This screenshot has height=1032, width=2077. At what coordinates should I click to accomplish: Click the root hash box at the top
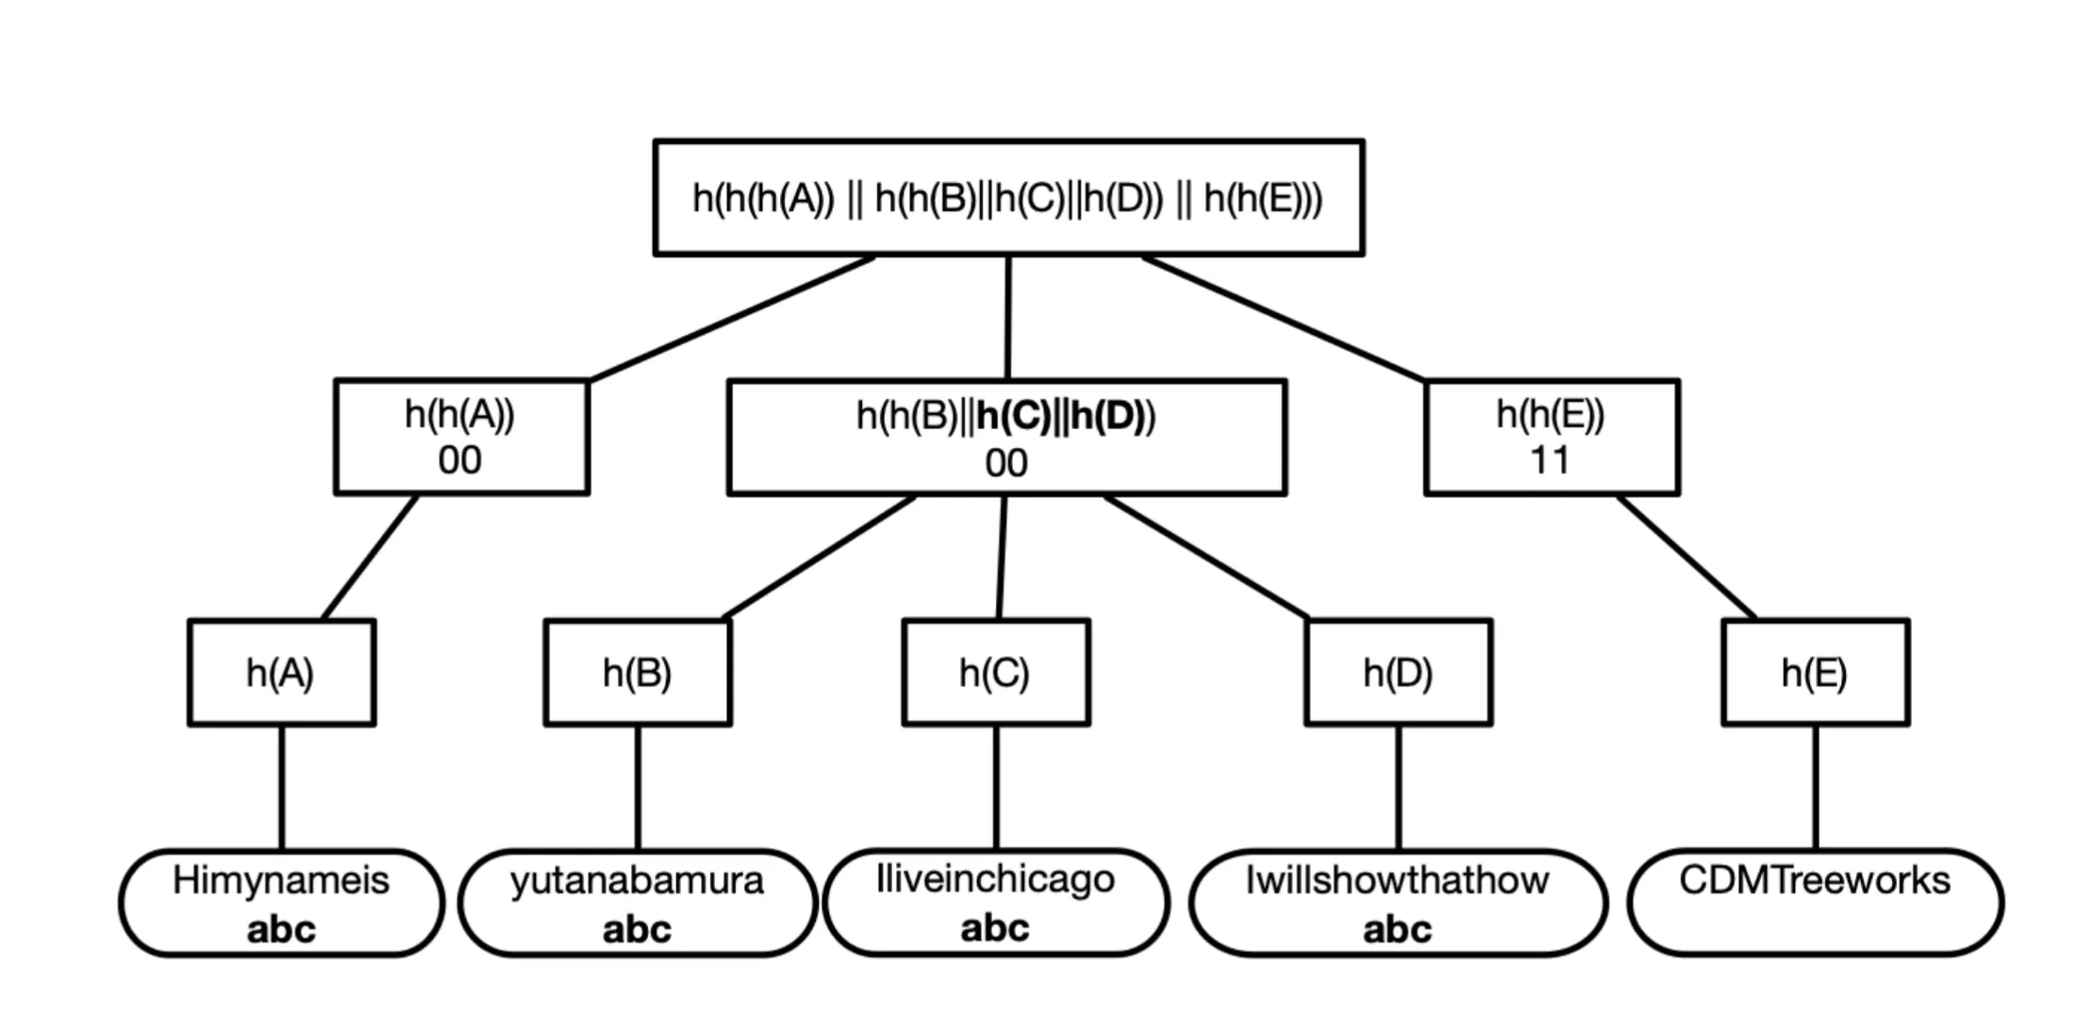tap(1007, 198)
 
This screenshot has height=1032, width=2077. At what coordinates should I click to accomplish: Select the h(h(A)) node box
tap(461, 437)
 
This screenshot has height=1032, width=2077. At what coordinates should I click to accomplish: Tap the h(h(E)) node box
tap(1551, 437)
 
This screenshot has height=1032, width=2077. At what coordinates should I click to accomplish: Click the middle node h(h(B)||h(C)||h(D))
tap(1005, 438)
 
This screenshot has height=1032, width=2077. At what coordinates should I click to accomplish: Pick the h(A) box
tap(281, 673)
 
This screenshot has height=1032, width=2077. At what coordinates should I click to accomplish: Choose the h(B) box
tap(637, 673)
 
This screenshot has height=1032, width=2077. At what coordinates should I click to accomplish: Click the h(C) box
tap(995, 673)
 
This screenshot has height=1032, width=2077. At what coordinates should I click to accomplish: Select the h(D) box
tap(1398, 673)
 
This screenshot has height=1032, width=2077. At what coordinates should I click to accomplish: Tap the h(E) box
tap(1815, 673)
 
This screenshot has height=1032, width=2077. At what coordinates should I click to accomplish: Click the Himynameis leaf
tap(281, 903)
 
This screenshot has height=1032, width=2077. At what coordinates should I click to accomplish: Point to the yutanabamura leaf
tap(637, 903)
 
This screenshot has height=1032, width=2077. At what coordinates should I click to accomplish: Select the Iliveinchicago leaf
tap(995, 903)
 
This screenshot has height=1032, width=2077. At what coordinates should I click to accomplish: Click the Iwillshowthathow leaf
tap(1397, 903)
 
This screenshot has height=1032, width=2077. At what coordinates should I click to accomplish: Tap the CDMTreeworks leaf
tap(1815, 903)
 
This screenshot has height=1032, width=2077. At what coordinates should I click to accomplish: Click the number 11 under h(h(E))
tap(1550, 461)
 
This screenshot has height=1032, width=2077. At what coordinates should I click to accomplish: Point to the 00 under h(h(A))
tap(459, 461)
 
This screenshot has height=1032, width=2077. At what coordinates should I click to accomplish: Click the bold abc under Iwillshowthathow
tap(1397, 930)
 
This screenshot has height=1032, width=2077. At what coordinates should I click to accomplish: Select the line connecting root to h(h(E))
tap(1283, 318)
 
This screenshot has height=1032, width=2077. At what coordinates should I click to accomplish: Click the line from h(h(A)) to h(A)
tap(370, 557)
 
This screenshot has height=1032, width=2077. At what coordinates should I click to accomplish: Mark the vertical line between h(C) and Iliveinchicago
tap(996, 788)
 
